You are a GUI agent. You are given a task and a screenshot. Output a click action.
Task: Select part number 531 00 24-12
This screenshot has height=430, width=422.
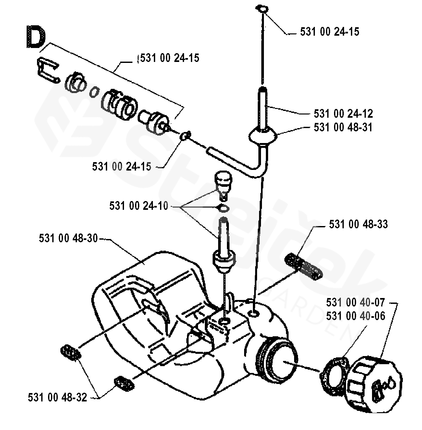point(343,113)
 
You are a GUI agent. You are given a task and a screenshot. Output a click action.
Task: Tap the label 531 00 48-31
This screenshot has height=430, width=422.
point(343,127)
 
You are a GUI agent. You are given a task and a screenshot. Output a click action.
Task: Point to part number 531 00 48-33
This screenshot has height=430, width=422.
point(358,224)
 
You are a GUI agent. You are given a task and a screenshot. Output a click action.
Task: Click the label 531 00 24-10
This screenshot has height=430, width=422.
point(139,206)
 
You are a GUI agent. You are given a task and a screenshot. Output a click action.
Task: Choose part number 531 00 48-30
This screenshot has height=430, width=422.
point(68,238)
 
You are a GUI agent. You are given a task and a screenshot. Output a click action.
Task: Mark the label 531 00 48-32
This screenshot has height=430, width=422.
point(57,398)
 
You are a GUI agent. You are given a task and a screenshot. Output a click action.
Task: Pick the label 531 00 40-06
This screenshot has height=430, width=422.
point(356,316)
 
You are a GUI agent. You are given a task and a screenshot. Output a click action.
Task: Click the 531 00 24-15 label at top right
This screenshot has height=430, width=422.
point(329,32)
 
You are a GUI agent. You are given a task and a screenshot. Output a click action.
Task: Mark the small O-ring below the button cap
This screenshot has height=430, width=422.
point(223,209)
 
